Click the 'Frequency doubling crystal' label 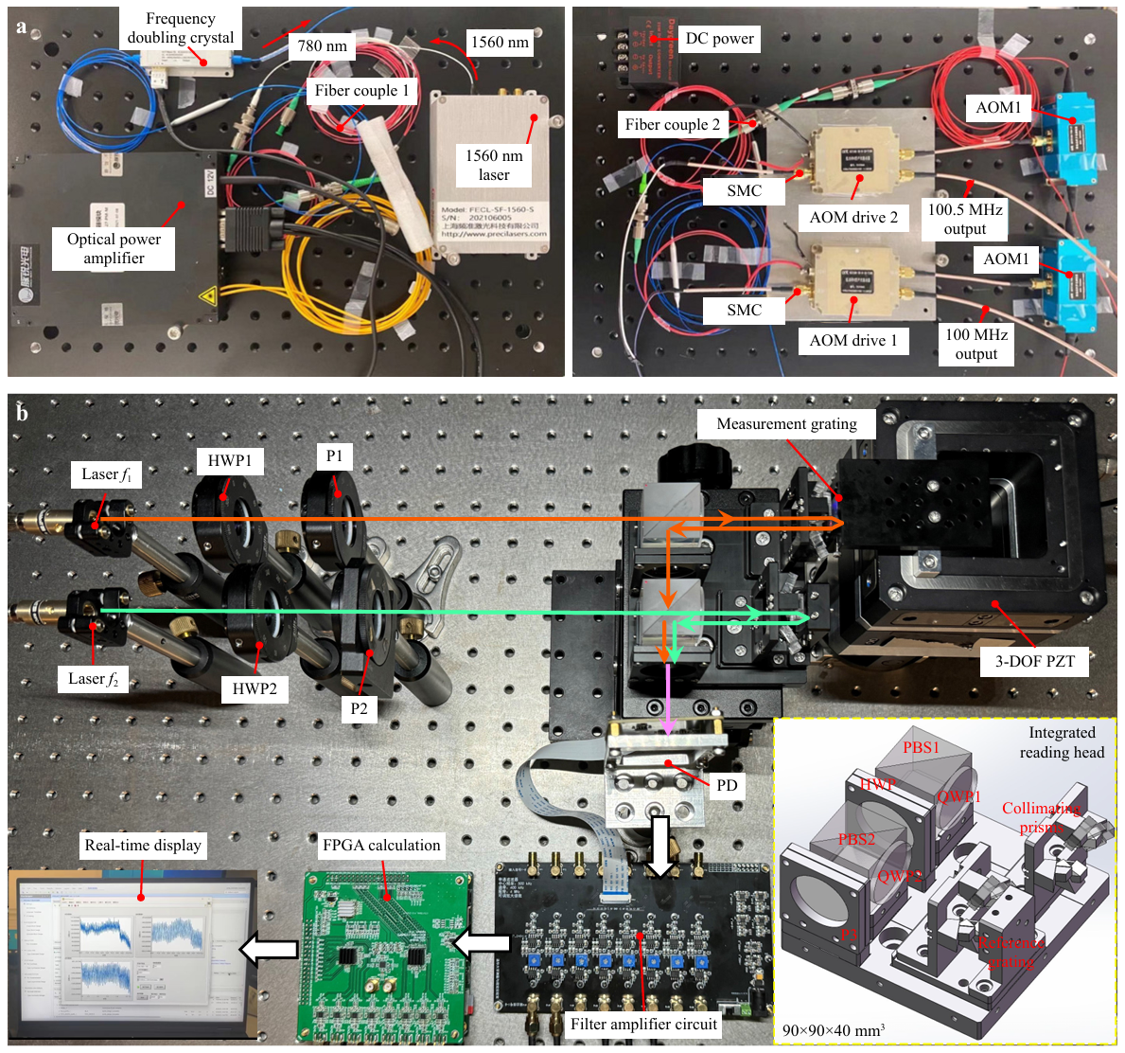[x=181, y=28]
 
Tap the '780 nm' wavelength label [x=322, y=45]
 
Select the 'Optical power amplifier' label [x=114, y=248]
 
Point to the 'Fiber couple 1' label [x=362, y=90]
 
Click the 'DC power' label [x=719, y=39]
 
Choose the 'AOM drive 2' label [x=853, y=217]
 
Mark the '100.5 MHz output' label [x=965, y=219]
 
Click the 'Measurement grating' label [x=786, y=424]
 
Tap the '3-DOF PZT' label [x=1034, y=661]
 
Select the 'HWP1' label [x=230, y=461]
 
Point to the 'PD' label [x=727, y=785]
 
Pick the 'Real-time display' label [x=143, y=845]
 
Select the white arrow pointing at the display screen [x=268, y=948]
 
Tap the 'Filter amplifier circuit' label [x=643, y=1024]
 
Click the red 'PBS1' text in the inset [x=921, y=747]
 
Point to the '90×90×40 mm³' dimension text [x=834, y=1030]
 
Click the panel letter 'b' [x=23, y=413]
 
